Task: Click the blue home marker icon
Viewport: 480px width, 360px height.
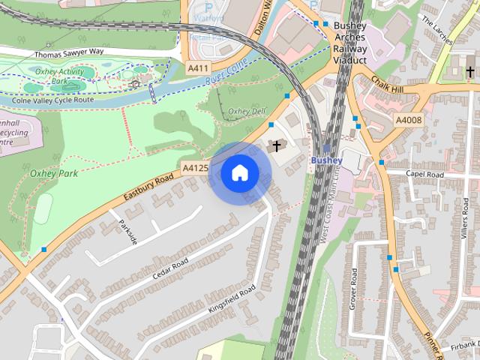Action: click(239, 173)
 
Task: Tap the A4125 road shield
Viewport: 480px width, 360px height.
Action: click(195, 168)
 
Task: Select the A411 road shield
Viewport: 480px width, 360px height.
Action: click(197, 68)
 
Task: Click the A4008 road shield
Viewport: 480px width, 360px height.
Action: click(409, 120)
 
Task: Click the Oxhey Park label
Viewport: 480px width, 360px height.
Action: click(53, 173)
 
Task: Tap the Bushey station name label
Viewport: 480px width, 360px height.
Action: click(326, 160)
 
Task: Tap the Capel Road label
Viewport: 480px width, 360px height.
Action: click(425, 174)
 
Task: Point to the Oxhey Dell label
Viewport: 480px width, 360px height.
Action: click(247, 112)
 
